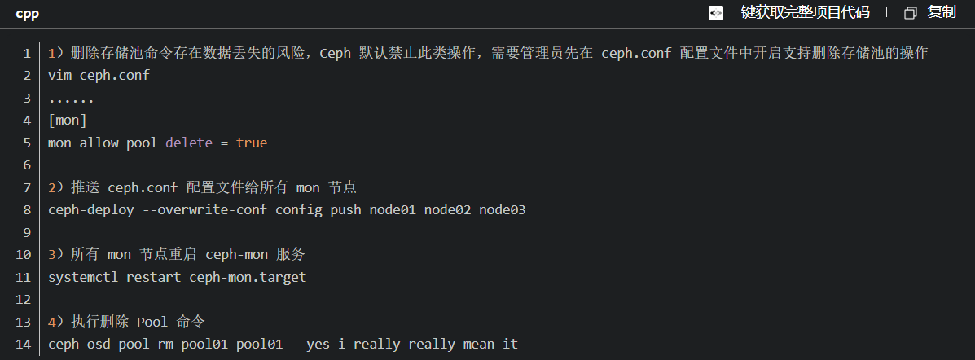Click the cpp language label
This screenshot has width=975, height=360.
coord(27,13)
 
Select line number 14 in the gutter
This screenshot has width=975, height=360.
coord(24,345)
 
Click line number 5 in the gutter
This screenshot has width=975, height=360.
coord(27,143)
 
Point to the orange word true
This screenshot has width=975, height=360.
coord(252,143)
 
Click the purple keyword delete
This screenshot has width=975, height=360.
coord(189,143)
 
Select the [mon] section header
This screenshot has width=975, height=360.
coord(68,121)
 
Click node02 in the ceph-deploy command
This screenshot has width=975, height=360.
coord(447,210)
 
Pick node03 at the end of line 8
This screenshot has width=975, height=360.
coord(502,210)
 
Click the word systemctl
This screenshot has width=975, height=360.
coord(83,277)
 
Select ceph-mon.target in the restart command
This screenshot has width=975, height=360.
coord(248,277)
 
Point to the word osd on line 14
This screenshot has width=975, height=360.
coord(99,345)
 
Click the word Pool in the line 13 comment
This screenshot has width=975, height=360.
coord(152,322)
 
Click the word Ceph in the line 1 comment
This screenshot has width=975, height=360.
coord(335,54)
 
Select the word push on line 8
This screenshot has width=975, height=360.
coord(345,210)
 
